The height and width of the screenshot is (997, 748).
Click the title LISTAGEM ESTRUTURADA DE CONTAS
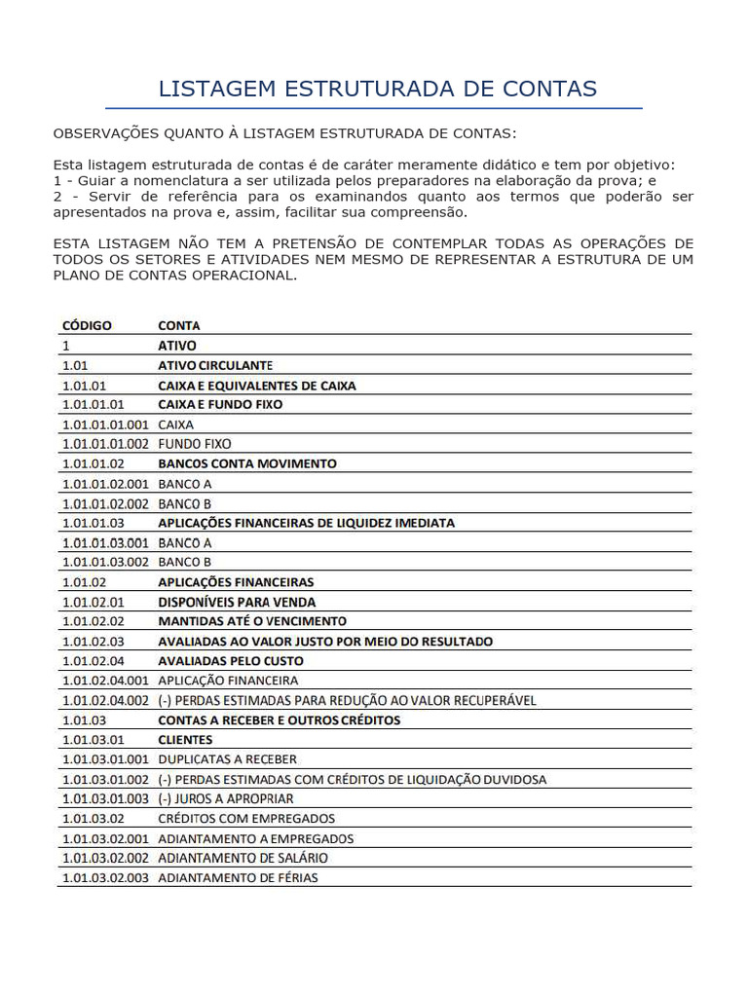[x=377, y=89]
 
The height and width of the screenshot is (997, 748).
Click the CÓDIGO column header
[x=87, y=325]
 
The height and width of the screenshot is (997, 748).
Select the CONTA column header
[x=179, y=325]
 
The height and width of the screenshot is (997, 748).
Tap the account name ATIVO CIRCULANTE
[x=215, y=365]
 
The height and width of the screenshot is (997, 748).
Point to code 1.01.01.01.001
[x=105, y=425]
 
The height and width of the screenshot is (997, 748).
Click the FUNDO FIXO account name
[x=195, y=444]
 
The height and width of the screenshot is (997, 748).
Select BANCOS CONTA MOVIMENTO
[x=247, y=463]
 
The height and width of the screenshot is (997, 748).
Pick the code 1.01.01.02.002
[x=105, y=503]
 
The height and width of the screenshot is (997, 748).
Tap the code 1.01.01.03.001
[x=105, y=542]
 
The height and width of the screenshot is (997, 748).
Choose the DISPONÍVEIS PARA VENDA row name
[x=237, y=602]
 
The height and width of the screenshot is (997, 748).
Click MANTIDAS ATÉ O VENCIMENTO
[x=252, y=621]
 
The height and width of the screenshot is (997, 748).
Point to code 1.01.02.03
[x=93, y=642]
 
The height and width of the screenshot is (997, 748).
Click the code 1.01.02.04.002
[x=105, y=700]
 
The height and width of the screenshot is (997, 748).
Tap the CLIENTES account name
[x=185, y=740]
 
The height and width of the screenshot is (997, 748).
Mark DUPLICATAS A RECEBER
[x=228, y=759]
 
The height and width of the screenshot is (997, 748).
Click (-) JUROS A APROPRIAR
[x=226, y=798]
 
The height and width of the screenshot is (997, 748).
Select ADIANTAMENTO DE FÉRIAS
[x=238, y=877]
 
